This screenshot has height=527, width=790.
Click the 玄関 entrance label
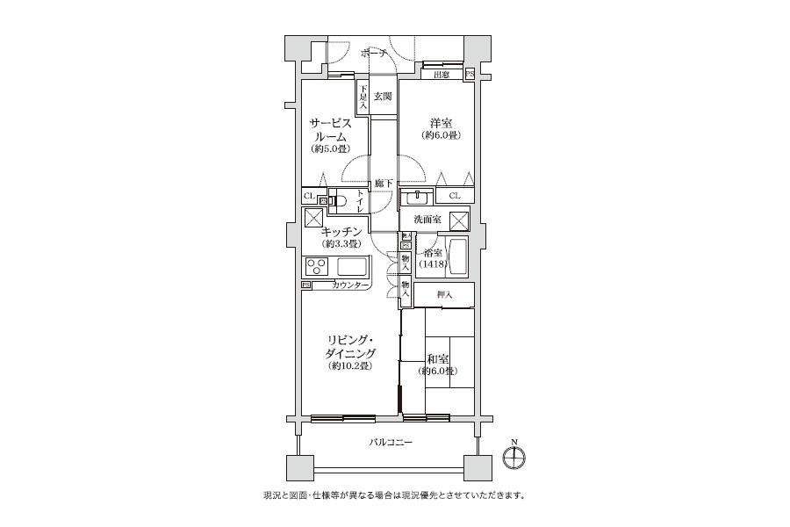383,97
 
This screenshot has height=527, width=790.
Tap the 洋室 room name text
441,122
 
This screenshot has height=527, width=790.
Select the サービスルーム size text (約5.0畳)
328,149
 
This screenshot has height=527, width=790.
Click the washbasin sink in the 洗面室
417,197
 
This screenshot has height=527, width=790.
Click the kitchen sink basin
352,266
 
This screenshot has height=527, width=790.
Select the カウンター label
350,285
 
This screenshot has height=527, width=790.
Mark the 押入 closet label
444,295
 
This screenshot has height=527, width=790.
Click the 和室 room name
438,358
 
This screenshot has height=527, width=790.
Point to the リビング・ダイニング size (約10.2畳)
347,365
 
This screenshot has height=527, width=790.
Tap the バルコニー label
390,442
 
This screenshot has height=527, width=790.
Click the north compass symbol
514,456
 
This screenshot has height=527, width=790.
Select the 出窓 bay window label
442,75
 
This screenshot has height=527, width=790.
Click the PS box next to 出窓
469,75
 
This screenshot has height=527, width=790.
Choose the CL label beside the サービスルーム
308,196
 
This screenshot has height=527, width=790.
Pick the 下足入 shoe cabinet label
362,94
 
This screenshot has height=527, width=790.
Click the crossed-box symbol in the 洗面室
459,220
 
